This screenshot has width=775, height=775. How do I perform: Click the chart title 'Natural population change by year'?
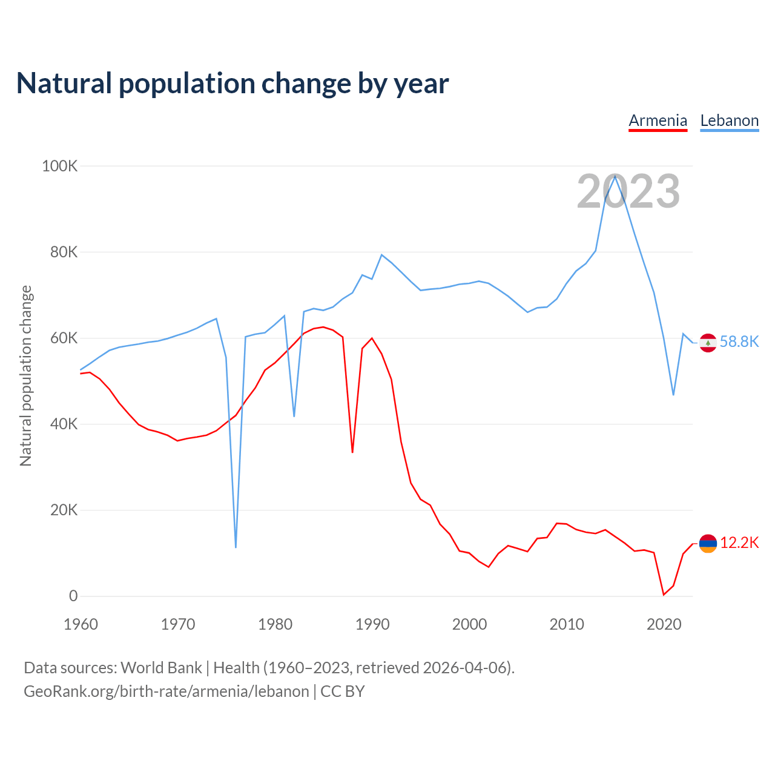click(232, 84)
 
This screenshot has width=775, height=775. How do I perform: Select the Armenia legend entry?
click(658, 120)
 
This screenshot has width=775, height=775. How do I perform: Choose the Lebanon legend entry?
click(729, 120)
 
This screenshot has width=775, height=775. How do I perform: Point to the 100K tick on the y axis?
click(59, 166)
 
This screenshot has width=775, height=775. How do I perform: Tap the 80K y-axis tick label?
click(64, 252)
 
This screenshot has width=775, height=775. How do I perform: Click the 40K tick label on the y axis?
click(64, 424)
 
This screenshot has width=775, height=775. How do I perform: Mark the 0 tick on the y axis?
click(73, 596)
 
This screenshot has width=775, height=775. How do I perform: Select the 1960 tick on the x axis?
click(81, 624)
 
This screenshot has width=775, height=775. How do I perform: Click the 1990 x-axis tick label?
click(372, 624)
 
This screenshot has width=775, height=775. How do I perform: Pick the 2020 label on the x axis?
click(664, 624)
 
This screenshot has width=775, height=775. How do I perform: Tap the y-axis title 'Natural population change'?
click(26, 375)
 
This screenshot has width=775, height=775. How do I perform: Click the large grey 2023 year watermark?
click(628, 191)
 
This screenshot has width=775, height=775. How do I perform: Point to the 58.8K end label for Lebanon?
click(739, 341)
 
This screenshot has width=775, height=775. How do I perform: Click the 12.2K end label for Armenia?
click(739, 542)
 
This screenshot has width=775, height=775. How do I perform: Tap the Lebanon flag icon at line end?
click(708, 343)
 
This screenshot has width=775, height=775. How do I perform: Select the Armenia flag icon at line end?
click(708, 544)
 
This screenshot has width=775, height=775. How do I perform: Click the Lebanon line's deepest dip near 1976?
click(236, 547)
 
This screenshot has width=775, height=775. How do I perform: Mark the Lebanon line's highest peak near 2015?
click(615, 176)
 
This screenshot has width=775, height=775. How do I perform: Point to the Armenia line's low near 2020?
click(664, 595)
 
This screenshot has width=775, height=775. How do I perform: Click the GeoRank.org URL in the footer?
click(167, 691)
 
